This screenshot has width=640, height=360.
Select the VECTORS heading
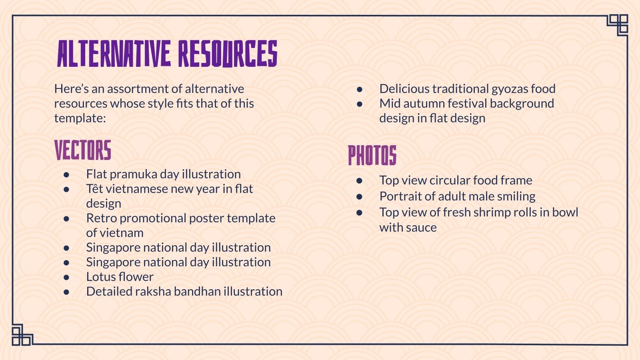[83, 150]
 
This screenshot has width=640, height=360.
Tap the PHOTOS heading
[372, 155]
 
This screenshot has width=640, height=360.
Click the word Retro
[101, 218]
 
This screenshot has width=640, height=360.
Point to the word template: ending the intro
[80, 118]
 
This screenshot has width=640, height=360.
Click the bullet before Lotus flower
[66, 277]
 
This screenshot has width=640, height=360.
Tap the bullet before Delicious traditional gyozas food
[360, 89]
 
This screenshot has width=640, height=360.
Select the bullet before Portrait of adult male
[360, 196]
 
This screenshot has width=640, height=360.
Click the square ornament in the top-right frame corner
[618, 24]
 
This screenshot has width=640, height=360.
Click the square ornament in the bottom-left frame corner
[22, 335]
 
